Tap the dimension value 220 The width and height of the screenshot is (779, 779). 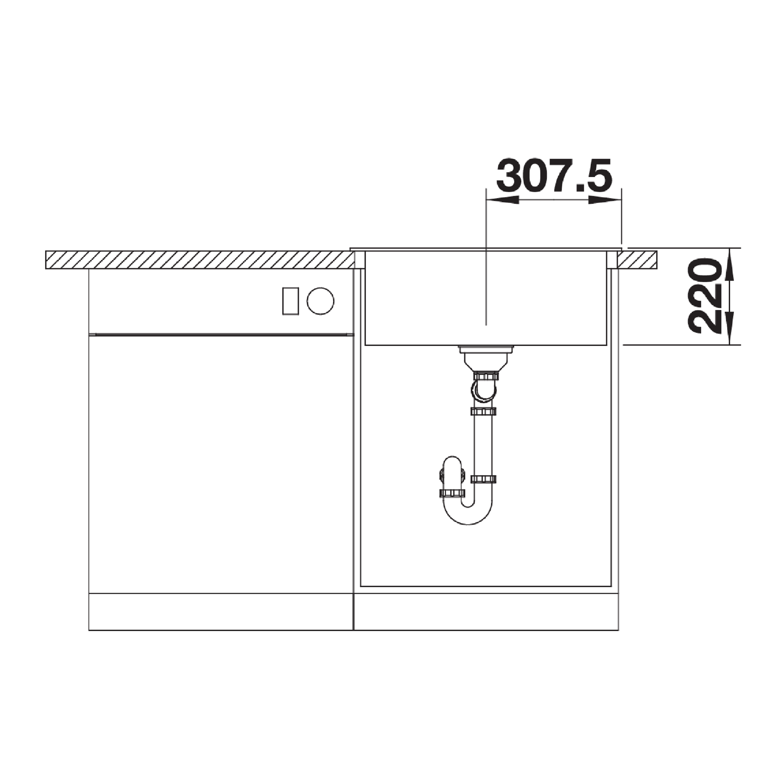[704, 296]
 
